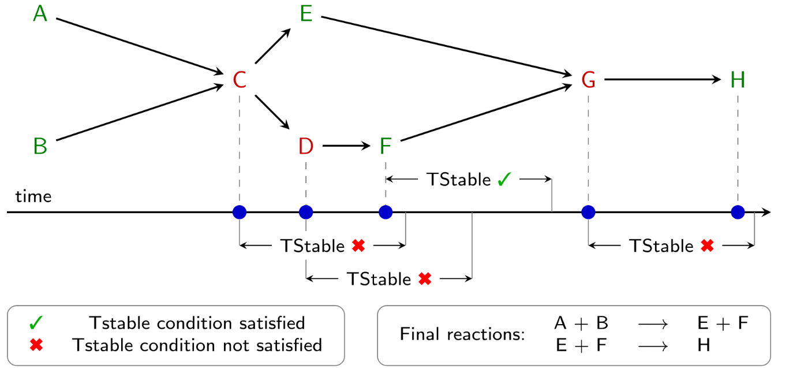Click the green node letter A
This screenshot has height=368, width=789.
(40, 14)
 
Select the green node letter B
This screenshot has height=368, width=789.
(40, 146)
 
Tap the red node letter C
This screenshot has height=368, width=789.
(240, 80)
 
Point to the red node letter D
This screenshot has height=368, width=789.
(306, 147)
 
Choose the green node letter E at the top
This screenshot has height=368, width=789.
(306, 14)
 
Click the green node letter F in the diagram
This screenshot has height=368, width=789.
(386, 147)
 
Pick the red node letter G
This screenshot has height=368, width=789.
(588, 80)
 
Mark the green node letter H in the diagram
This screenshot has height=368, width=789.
(738, 80)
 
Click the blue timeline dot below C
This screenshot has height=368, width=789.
(240, 213)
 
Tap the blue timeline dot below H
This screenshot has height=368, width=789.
(738, 213)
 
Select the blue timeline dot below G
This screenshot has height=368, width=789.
(588, 213)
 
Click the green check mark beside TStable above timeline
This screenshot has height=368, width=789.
(504, 180)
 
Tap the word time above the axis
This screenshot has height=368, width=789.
(33, 197)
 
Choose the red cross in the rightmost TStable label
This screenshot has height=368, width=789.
(707, 246)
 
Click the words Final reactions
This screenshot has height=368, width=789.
(462, 334)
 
